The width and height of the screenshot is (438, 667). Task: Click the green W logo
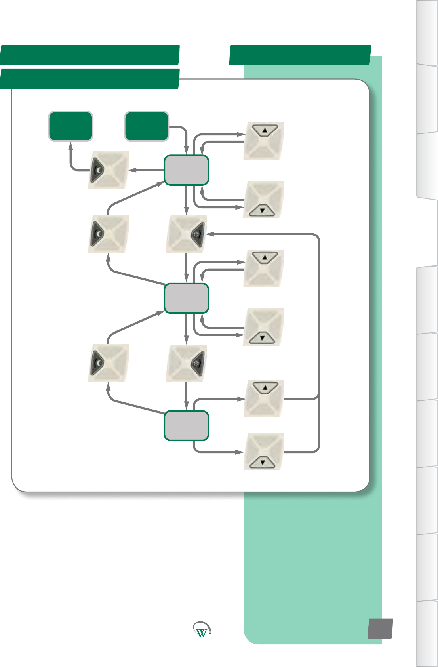coord(202,629)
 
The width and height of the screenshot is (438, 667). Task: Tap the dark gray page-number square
coord(380,629)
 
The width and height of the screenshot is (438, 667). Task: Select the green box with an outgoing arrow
coord(147,126)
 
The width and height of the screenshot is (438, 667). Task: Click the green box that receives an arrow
coord(71,126)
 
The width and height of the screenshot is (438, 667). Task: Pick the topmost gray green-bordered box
coord(187,170)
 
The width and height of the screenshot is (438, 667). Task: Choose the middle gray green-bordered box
coord(187,298)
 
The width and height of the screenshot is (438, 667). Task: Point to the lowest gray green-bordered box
coord(187,426)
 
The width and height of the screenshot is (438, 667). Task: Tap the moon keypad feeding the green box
coord(108,170)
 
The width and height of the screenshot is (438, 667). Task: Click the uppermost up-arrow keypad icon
coord(264,141)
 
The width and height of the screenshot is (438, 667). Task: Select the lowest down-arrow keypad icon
coord(264,452)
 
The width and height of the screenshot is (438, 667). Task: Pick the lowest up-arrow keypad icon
coord(264,398)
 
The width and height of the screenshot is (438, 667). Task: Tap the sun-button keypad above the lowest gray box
coord(187,363)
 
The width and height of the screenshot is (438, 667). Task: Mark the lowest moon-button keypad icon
coord(108,363)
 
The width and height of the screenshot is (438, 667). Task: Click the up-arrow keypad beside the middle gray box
coord(264,268)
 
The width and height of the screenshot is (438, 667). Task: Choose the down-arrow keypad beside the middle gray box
coord(264,327)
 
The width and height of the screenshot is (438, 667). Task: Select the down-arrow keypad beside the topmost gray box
coord(264,200)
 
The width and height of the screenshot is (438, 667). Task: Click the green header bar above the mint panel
coord(300,55)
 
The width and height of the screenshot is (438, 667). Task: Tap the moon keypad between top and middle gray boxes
coord(108,234)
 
